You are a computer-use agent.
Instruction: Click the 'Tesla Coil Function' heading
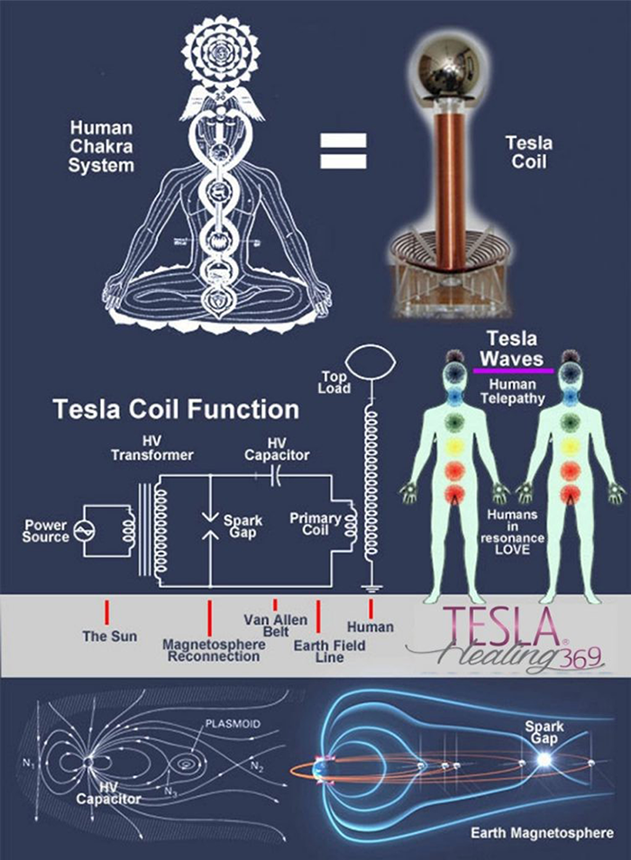click(x=175, y=410)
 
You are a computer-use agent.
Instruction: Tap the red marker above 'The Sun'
click(x=106, y=611)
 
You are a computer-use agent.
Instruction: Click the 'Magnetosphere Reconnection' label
click(x=210, y=650)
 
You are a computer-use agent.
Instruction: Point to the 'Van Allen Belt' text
click(x=275, y=626)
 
